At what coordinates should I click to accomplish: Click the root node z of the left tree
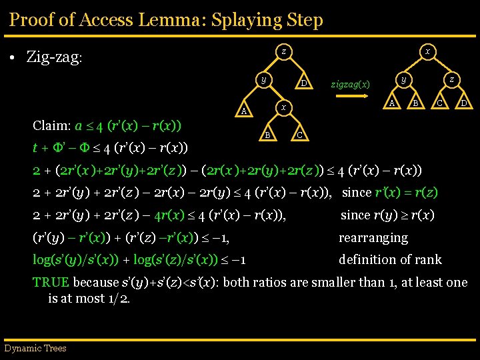(x=283, y=51)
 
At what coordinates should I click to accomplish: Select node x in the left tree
(x=283, y=107)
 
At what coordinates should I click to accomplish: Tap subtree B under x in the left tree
(x=267, y=135)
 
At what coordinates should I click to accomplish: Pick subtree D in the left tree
(x=303, y=84)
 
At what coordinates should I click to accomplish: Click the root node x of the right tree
(x=427, y=51)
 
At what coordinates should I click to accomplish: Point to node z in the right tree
(x=451, y=79)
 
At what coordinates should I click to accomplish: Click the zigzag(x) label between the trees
(x=350, y=85)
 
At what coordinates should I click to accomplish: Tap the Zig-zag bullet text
(x=54, y=57)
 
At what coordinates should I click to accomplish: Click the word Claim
(x=51, y=125)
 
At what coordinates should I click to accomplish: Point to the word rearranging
(x=373, y=237)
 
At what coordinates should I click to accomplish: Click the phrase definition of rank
(x=390, y=259)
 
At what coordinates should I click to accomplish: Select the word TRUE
(x=51, y=282)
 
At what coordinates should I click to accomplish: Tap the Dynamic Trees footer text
(x=35, y=348)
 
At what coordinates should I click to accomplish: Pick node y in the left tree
(x=264, y=79)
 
